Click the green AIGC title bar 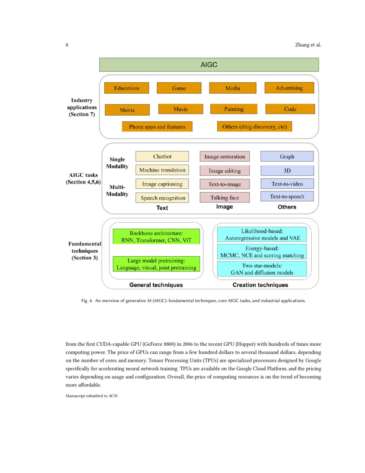pyautogui.click(x=209, y=65)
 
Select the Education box pyautogui.click(x=127, y=88)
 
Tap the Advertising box pyautogui.click(x=289, y=88)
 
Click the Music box pyautogui.click(x=180, y=109)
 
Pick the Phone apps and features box pyautogui.click(x=157, y=127)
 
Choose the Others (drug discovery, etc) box pyautogui.click(x=255, y=127)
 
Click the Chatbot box pyautogui.click(x=162, y=157)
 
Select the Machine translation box pyautogui.click(x=162, y=170)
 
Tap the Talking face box pyautogui.click(x=225, y=198)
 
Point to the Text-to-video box pyautogui.click(x=287, y=184)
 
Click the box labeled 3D pyautogui.click(x=287, y=171)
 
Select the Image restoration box pyautogui.click(x=225, y=157)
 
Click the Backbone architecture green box pyautogui.click(x=156, y=237)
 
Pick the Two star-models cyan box pyautogui.click(x=262, y=269)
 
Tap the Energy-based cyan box pyautogui.click(x=262, y=252)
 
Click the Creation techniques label pyautogui.click(x=260, y=285)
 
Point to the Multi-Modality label pyautogui.click(x=117, y=191)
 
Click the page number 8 pyautogui.click(x=67, y=45)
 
